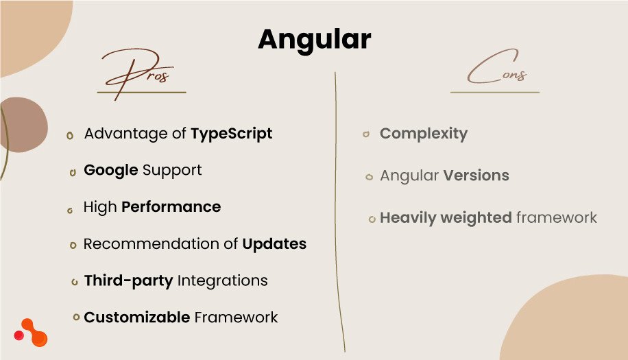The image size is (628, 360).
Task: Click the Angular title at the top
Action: coord(314,40)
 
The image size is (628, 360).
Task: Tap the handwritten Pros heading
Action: coord(141,73)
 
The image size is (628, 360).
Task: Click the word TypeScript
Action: coord(232,134)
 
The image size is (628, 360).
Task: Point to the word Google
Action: coord(111,170)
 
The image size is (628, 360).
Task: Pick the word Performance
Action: coord(171,207)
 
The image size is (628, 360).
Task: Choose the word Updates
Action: coord(274,244)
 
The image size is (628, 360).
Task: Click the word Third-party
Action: coord(128,280)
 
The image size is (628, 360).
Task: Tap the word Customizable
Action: coord(137,317)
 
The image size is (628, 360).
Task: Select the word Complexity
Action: coord(424,134)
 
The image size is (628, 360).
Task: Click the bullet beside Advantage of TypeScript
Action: coord(70,136)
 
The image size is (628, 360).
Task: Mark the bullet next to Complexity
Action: coord(366,134)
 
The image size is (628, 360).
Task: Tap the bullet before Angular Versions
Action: coord(369,177)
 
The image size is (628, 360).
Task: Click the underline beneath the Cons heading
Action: coord(495,92)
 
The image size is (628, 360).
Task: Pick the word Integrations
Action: coord(222,280)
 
